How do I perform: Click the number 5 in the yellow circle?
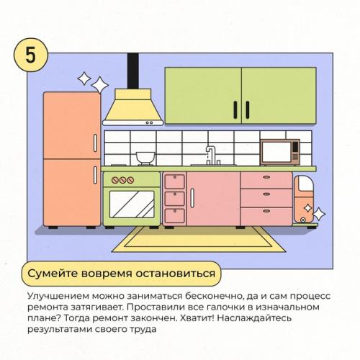(31, 57)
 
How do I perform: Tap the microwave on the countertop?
(279, 152)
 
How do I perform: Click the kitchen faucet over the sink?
(210, 155)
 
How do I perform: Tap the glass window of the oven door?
(131, 204)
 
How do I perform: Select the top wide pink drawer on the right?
(266, 180)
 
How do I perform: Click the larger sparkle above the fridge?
(84, 78)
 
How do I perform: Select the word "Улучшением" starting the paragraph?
(57, 296)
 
